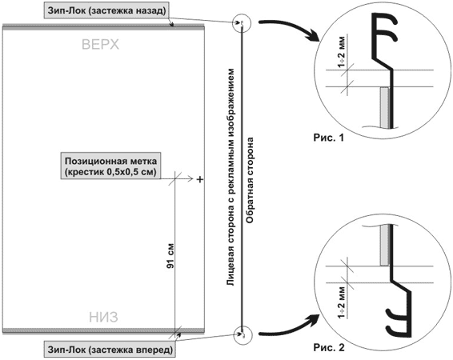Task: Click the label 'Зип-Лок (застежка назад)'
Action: (106, 11)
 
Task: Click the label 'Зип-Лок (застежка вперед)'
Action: (110, 350)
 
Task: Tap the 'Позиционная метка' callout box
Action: (110, 166)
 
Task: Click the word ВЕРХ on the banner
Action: (101, 45)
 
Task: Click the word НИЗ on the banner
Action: (103, 317)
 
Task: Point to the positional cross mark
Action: (199, 179)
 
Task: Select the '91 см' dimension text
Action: (170, 255)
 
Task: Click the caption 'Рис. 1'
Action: (329, 138)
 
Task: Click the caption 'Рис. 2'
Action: (329, 347)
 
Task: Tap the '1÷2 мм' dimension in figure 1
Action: (341, 52)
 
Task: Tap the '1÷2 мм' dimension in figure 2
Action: (341, 302)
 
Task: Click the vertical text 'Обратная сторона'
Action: (250, 181)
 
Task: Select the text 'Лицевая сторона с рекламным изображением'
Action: (231, 178)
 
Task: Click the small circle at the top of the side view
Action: (242, 14)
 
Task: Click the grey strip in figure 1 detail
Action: (384, 107)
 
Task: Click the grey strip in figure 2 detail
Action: (384, 246)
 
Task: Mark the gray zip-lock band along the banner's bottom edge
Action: (103, 330)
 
